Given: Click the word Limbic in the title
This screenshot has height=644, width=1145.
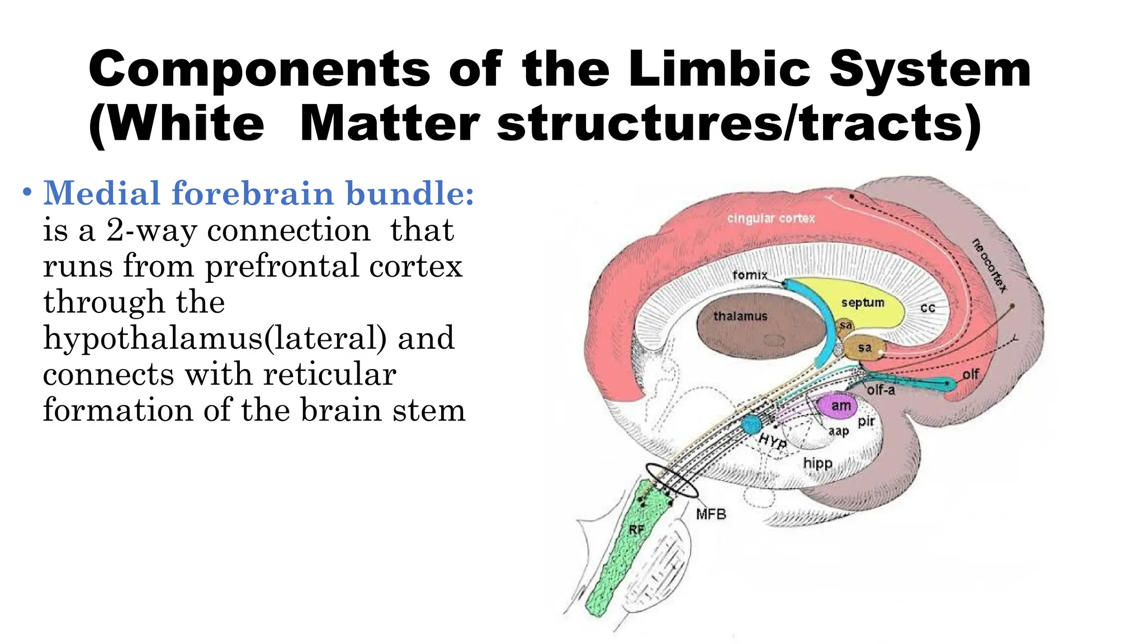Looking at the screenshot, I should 719,69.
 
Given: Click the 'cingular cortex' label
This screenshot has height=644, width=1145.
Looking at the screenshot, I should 771,219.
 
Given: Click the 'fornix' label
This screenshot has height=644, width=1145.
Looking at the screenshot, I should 750,275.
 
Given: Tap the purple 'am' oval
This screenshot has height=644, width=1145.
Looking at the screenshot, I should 840,405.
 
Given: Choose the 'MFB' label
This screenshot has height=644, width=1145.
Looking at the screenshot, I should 711,514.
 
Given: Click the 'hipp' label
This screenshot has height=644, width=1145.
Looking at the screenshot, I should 817,463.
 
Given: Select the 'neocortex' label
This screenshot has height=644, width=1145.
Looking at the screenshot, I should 989,266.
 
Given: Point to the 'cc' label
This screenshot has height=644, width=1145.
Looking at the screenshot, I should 928,307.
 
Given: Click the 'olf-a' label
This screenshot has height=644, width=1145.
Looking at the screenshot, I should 881,390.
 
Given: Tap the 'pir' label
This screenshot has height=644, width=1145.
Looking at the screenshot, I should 866,421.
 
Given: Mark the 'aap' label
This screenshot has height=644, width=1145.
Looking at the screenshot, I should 839,430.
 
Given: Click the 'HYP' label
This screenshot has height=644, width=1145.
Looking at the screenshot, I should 773,442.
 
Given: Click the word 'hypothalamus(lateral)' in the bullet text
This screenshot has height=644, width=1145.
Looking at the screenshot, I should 215,338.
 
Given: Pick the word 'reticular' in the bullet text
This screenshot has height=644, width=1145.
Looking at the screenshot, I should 330,374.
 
